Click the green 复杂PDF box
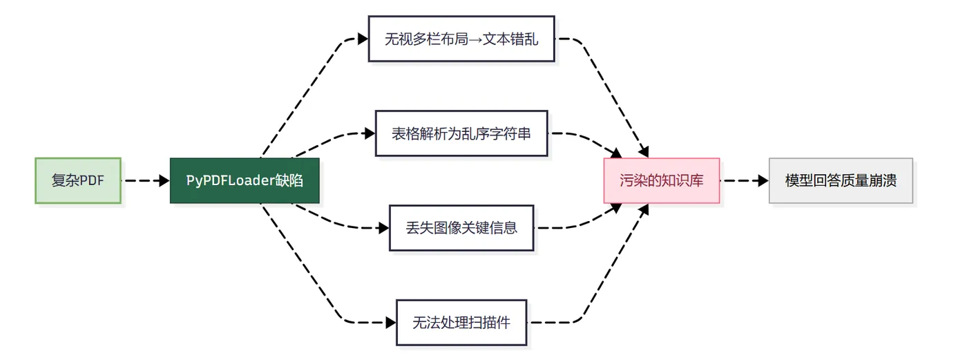78,180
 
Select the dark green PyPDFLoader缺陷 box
245,180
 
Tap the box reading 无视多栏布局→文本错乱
461,39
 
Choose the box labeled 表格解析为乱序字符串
461,133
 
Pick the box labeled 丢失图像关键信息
461,227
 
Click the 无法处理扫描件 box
461,322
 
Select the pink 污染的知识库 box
661,180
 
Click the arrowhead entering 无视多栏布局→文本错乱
363,39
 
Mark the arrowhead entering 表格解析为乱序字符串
370,133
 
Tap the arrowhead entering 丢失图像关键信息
384,227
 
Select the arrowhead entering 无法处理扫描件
391,322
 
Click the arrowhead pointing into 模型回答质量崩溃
763,180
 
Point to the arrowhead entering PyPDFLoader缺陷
164,180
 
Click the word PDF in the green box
92,180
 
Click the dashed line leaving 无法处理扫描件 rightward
553,322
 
